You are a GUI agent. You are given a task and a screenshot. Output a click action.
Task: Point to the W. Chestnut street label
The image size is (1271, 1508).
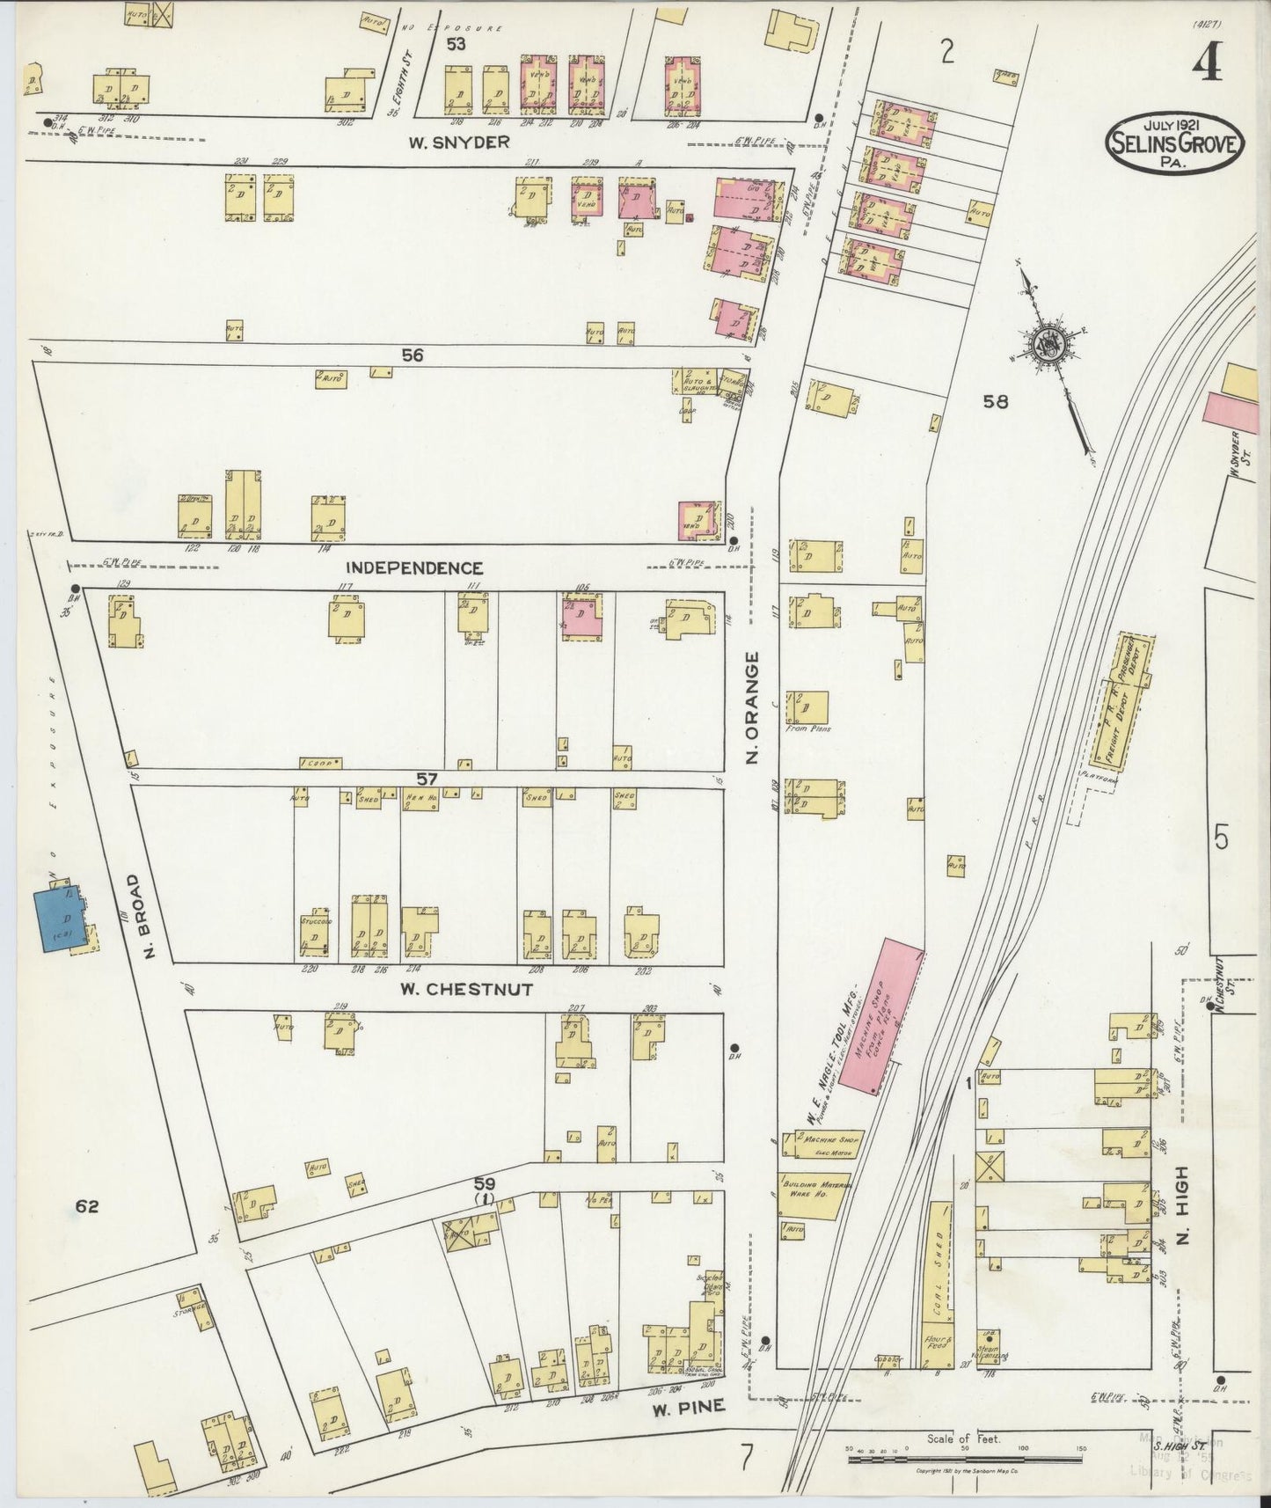pyautogui.click(x=466, y=989)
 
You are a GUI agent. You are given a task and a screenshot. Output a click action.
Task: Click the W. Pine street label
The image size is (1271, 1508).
pyautogui.click(x=690, y=1407)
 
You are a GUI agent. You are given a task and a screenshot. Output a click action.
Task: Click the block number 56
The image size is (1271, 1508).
pyautogui.click(x=413, y=355)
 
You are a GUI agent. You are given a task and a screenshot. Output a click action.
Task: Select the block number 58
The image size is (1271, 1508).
pyautogui.click(x=996, y=402)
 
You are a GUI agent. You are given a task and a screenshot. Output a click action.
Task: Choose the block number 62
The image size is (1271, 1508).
pyautogui.click(x=86, y=1207)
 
